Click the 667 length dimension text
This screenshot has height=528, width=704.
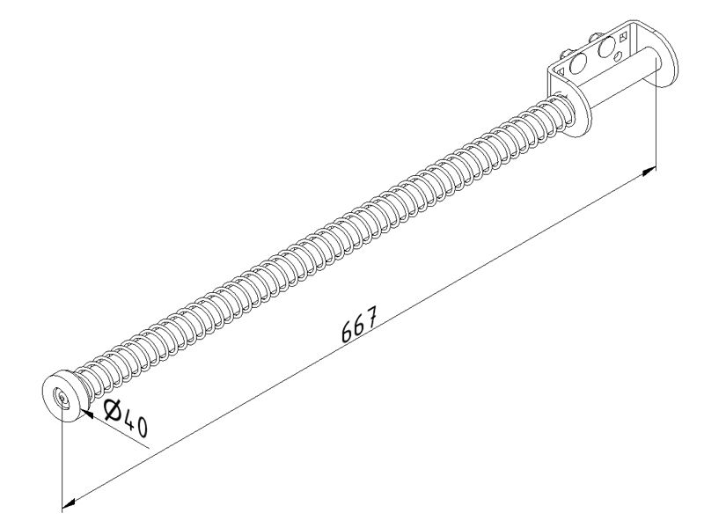point(358,324)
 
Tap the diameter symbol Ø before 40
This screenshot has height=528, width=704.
point(114,411)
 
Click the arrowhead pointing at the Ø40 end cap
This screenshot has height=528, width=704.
point(87,414)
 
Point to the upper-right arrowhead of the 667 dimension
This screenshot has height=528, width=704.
point(649,171)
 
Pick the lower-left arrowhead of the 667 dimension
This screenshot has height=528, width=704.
point(69,502)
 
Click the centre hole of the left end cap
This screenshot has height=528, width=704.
point(61,397)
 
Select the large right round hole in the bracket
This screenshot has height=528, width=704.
point(606,48)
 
